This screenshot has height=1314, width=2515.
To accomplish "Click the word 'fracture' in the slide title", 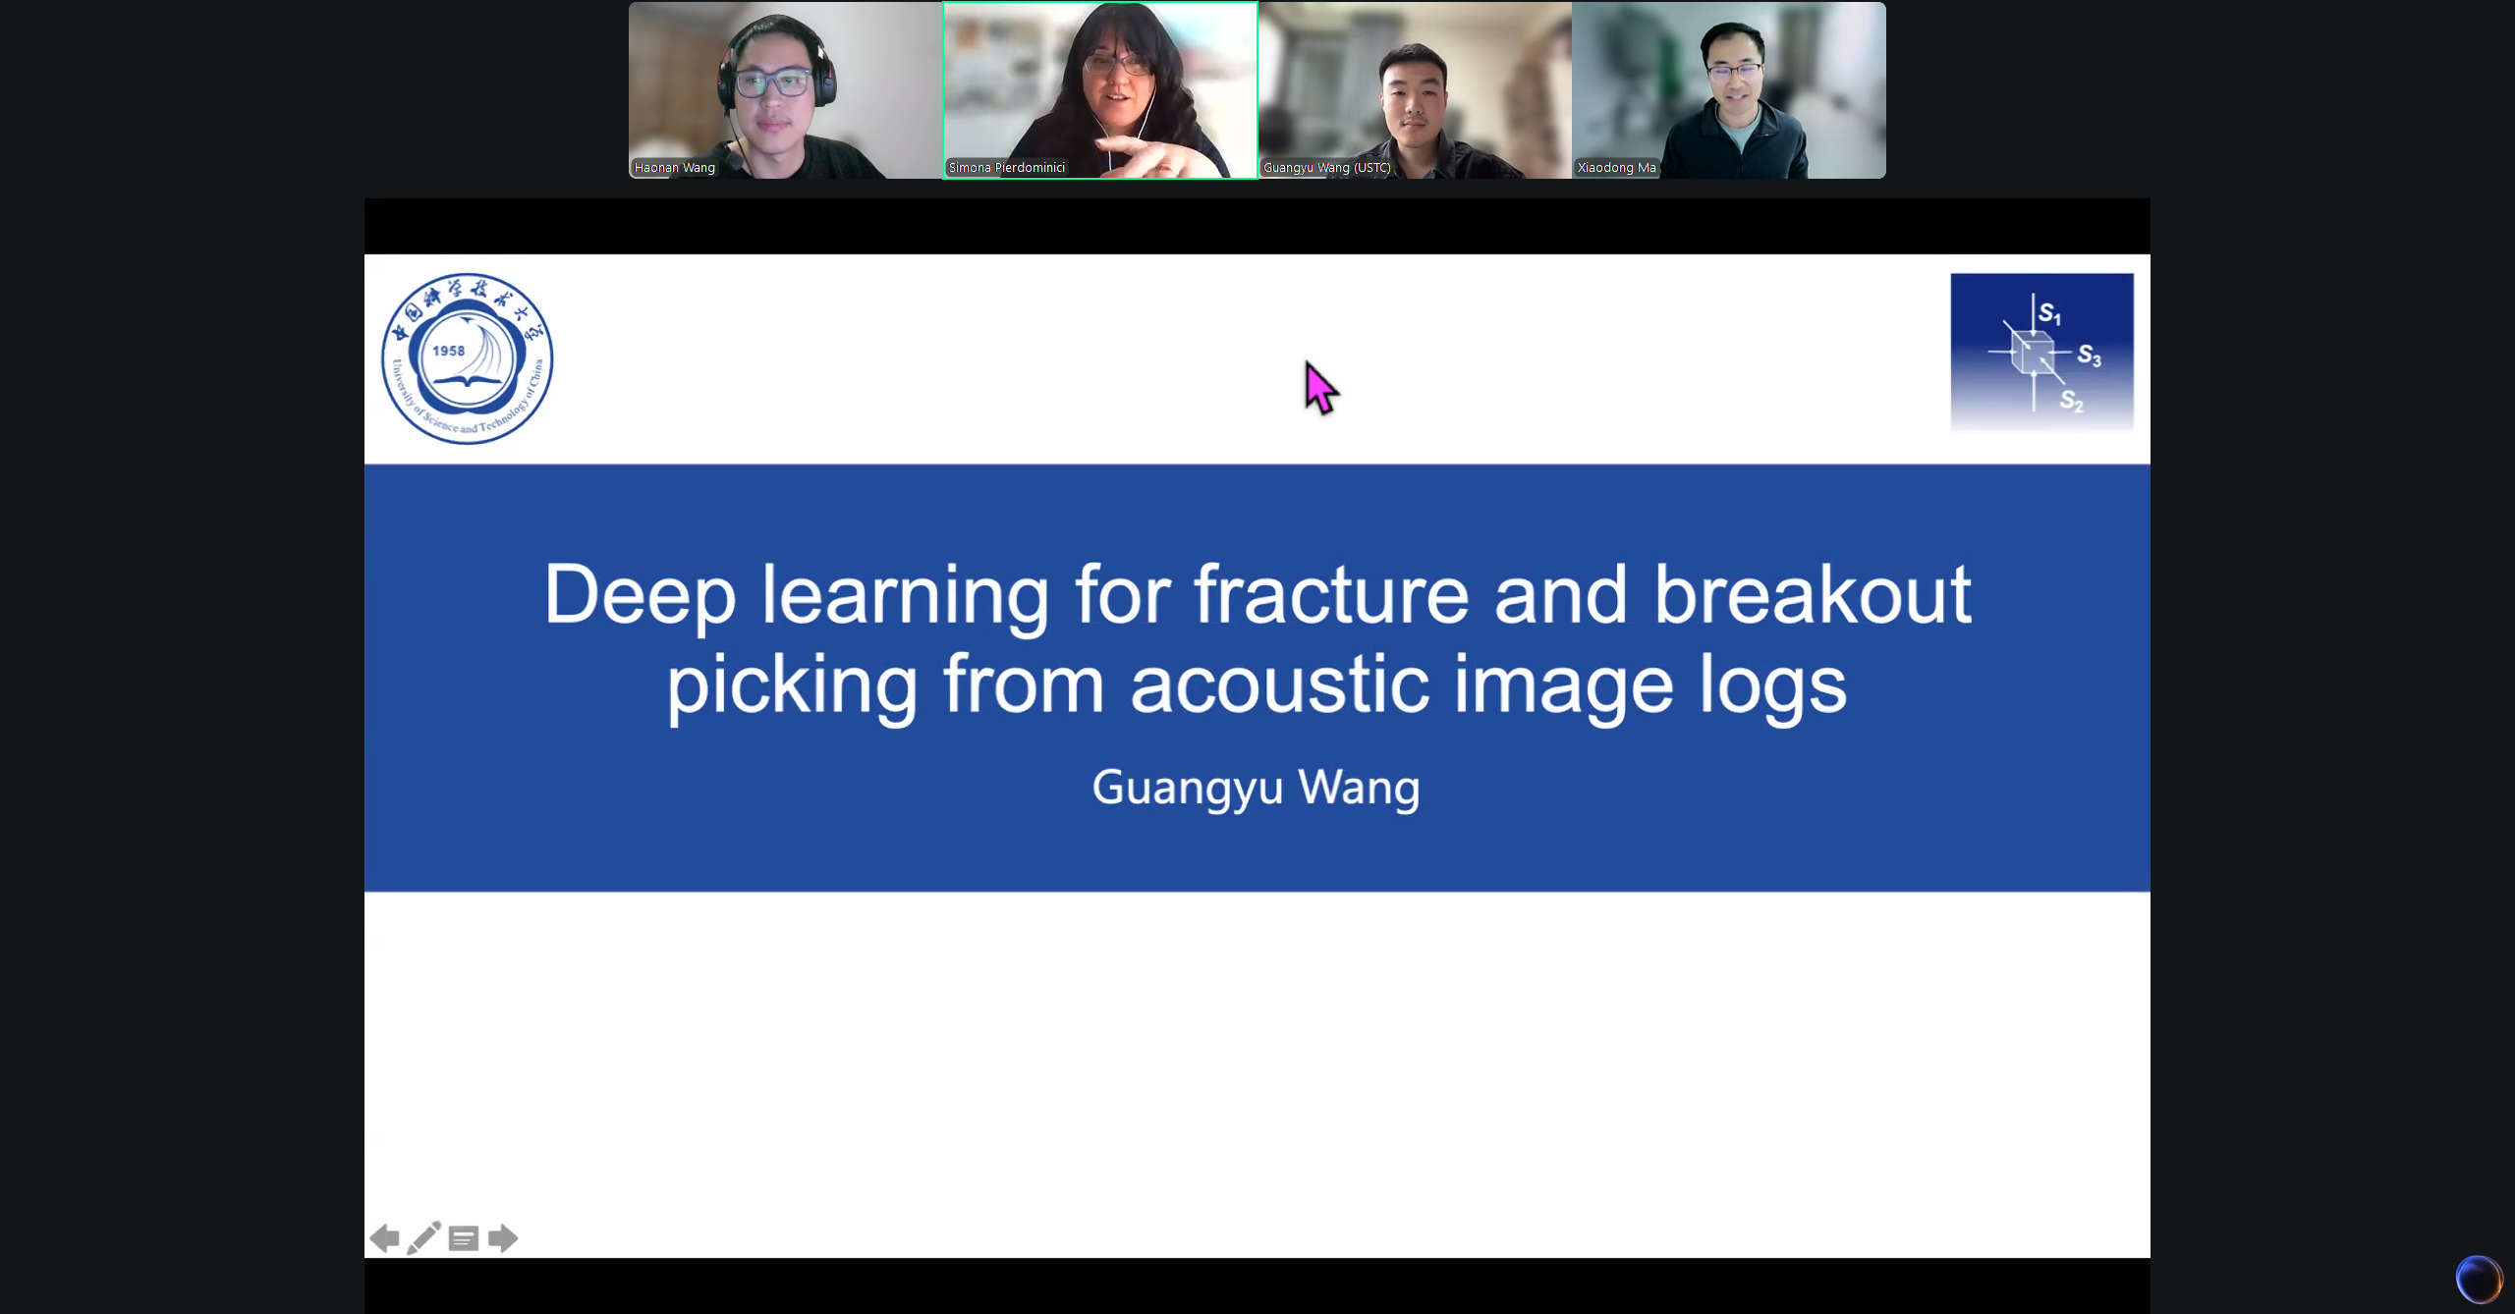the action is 1332,595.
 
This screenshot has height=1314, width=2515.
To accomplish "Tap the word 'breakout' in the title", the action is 1813,595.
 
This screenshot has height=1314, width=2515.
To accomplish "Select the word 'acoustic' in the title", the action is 1279,684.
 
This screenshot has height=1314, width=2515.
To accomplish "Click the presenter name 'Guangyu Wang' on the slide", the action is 1257,788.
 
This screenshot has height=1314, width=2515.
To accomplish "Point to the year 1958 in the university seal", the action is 449,351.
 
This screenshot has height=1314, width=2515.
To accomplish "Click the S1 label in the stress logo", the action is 2049,313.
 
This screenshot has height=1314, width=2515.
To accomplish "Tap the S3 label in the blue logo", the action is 2090,356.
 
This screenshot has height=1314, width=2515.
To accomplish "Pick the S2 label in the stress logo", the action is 2072,401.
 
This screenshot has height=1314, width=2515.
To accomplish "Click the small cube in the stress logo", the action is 2031,353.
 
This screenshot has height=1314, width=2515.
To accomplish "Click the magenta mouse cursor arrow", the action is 1319,387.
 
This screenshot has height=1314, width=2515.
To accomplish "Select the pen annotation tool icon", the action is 424,1238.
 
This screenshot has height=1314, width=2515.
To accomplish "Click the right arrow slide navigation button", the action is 503,1239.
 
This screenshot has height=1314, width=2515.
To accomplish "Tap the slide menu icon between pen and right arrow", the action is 464,1239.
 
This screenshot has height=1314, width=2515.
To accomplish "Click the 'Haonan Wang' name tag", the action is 675,168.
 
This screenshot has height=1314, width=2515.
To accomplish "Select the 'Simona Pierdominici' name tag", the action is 1007,168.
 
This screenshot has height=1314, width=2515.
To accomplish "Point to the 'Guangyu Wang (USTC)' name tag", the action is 1327,168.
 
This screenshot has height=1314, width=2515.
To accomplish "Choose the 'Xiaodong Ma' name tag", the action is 1617,168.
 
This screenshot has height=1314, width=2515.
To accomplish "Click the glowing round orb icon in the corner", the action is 2479,1279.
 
